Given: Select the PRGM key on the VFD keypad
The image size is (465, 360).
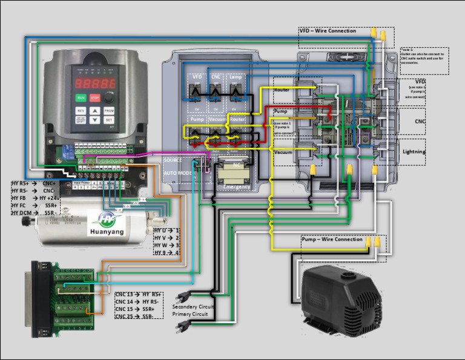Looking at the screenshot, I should click(x=109, y=111).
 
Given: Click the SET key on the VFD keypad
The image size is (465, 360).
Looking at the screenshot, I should click(x=109, y=120).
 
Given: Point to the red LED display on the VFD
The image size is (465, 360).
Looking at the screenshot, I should click(x=94, y=82).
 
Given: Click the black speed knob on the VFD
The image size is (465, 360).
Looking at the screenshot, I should click(x=109, y=97).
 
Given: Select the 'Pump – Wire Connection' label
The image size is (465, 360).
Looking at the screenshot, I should click(x=332, y=239).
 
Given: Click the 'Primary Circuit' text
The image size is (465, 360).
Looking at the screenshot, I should click(x=190, y=315).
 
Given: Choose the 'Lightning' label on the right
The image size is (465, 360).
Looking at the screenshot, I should click(x=414, y=152).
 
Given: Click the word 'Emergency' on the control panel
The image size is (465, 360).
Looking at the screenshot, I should click(x=237, y=187).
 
